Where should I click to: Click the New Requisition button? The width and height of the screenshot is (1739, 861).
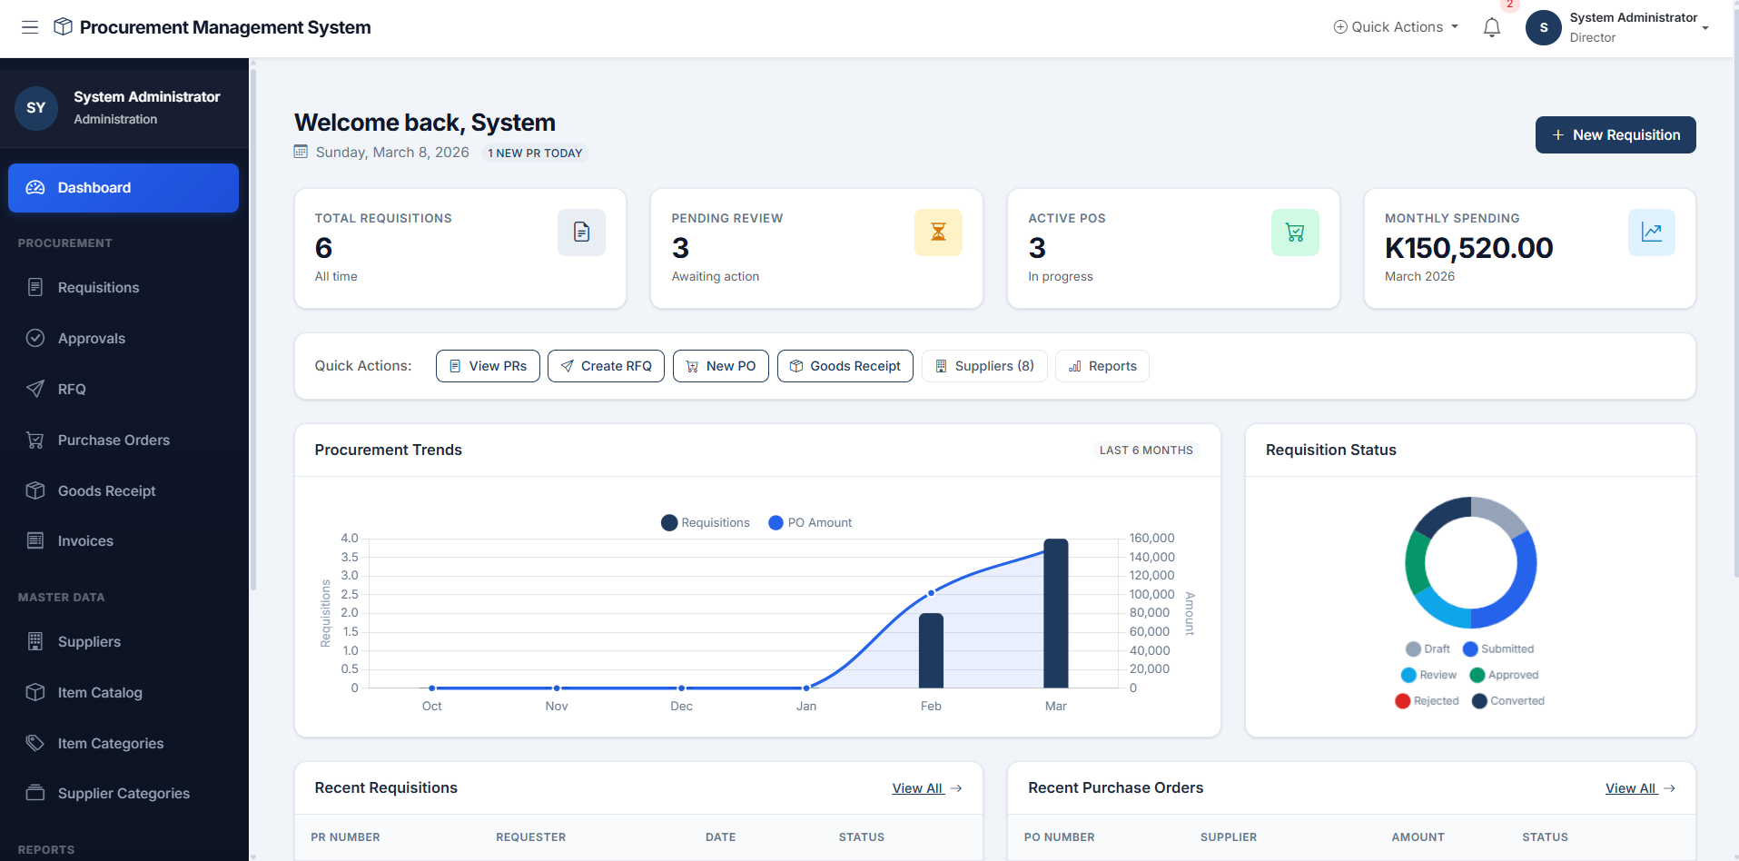coord(1615,135)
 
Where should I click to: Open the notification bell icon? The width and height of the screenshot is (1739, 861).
coord(1491,28)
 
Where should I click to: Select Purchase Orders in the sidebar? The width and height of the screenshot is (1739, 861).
coord(114,440)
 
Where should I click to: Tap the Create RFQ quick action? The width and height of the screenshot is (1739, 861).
coord(606,366)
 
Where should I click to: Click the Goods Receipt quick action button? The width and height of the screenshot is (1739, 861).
coord(845,366)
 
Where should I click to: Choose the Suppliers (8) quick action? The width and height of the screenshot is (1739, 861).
coord(984,366)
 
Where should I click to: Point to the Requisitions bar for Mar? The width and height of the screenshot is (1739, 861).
coord(1055,613)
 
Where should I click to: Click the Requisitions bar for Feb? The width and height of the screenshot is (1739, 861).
coord(931,650)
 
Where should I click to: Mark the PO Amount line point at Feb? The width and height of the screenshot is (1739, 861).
coord(931,593)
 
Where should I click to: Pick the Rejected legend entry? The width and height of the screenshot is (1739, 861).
coord(1427,701)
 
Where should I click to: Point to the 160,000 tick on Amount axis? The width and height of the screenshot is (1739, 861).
coord(1151,539)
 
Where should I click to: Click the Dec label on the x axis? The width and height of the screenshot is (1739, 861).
coord(681,707)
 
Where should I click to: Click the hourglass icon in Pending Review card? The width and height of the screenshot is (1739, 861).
coord(938,233)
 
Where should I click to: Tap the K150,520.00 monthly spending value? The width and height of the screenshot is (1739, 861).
coord(1468,248)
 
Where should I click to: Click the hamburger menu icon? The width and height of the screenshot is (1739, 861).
coord(30,27)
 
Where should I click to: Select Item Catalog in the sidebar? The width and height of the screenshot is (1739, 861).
coord(100,693)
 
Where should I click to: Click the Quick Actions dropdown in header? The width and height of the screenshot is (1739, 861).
coord(1396,27)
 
